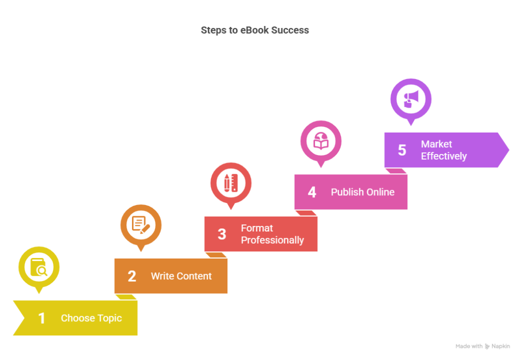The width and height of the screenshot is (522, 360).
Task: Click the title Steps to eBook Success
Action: point(255,30)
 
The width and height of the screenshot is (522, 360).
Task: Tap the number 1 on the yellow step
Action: point(42,319)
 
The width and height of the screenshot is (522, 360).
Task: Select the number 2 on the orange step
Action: point(132,276)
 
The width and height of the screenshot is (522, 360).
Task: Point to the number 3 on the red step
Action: point(222,234)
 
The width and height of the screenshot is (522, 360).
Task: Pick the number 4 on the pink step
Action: point(312,192)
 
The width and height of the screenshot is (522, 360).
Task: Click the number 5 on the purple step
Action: point(402,150)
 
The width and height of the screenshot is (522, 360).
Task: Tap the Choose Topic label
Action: point(91,318)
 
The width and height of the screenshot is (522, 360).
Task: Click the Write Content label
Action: point(181,276)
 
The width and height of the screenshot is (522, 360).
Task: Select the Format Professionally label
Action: point(272,234)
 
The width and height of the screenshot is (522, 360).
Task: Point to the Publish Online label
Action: point(362,192)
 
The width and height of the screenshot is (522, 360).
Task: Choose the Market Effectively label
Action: point(443,150)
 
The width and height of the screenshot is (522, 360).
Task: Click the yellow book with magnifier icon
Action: point(39,267)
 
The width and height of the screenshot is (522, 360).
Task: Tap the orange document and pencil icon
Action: point(141,225)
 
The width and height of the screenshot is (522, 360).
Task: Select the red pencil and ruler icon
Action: point(231,183)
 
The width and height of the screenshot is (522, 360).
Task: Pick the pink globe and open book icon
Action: point(321,141)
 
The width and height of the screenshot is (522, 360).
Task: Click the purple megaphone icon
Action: point(411,98)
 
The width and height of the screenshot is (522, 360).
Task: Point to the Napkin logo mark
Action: point(487,347)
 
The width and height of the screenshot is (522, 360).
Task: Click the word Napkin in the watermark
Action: point(501,347)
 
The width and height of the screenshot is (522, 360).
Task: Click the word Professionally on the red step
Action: point(272,240)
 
